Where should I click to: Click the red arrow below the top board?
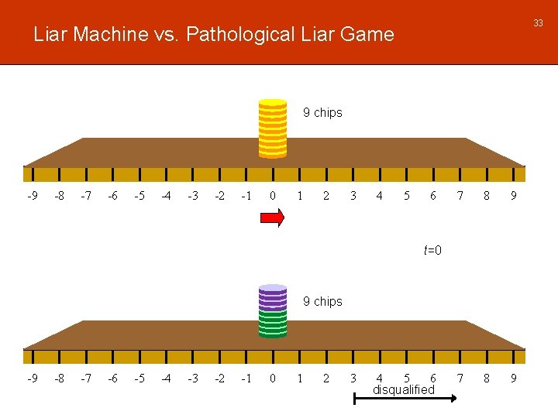pos(272,219)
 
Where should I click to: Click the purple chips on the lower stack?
pos(272,297)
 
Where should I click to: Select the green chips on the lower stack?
pos(272,324)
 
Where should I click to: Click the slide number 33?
pos(537,23)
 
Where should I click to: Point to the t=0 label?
pos(432,250)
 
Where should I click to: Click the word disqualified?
pos(404,390)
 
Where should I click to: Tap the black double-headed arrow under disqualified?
pos(404,399)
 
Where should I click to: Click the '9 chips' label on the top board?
pos(322,113)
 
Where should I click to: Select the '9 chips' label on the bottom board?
pos(322,301)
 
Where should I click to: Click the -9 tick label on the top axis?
pos(32,196)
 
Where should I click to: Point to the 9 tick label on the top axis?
pos(513,196)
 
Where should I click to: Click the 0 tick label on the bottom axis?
pos(272,379)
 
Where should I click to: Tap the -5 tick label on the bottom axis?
pos(139,379)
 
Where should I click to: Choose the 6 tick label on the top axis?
pos(433,196)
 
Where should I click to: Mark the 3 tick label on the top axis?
pos(353,196)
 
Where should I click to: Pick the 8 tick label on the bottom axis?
pos(487,379)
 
